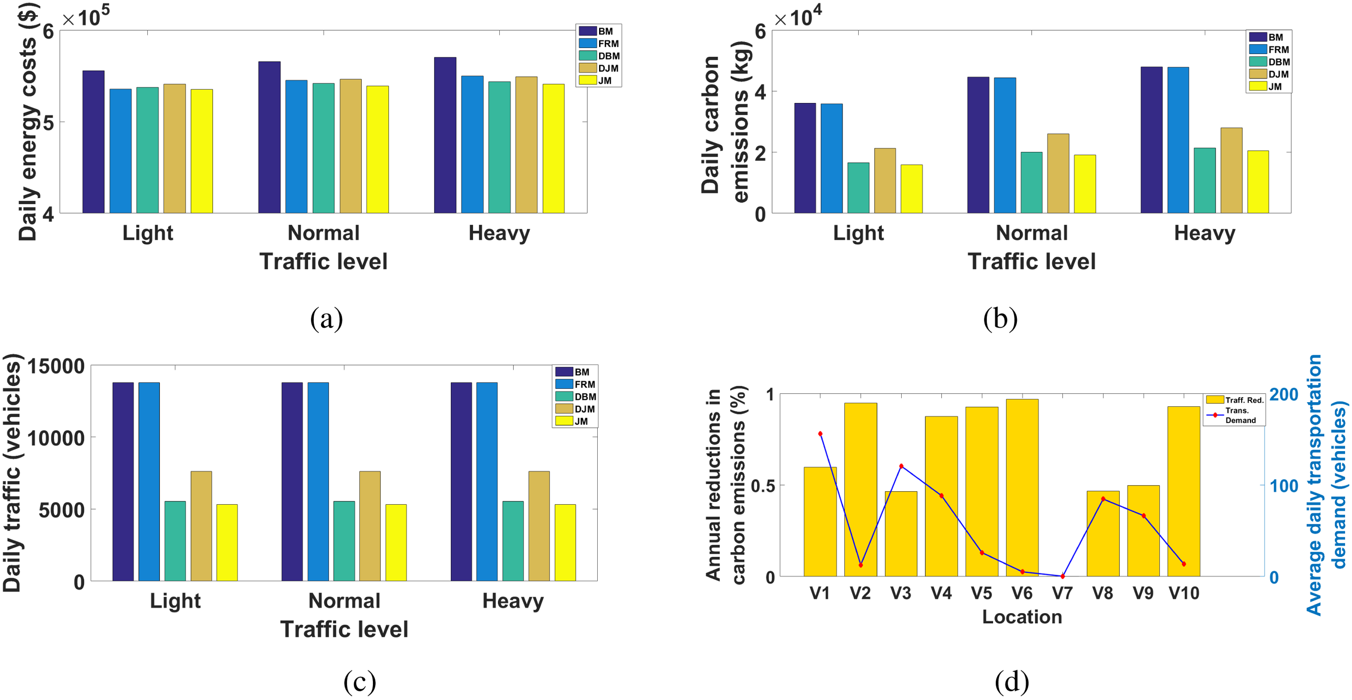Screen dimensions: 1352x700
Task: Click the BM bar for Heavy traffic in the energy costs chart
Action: click(x=445, y=135)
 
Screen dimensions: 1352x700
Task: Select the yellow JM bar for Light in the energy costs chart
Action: click(x=201, y=151)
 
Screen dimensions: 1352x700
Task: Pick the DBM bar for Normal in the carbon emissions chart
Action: click(x=1031, y=183)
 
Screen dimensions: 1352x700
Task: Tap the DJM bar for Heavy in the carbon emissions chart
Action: click(x=1231, y=171)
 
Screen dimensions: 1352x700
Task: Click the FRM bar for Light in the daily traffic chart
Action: click(x=149, y=482)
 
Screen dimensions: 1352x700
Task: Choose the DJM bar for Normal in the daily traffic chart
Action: click(x=370, y=526)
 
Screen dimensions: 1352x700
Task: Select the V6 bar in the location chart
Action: click(x=1022, y=487)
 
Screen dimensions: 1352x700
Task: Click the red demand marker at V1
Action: click(x=821, y=434)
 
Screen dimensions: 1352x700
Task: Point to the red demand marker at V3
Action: click(x=901, y=466)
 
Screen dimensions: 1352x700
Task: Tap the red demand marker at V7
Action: click(x=1063, y=576)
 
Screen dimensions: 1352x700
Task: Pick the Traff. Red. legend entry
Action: click(x=1235, y=400)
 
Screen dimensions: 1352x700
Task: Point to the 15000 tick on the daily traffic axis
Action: click(x=55, y=366)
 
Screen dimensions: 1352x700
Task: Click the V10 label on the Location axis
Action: click(x=1184, y=593)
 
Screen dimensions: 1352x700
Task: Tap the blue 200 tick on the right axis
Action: click(x=1284, y=394)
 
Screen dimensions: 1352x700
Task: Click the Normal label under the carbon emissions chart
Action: click(x=1032, y=233)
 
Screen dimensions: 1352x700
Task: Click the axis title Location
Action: click(x=1022, y=617)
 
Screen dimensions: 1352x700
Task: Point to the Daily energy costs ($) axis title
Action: click(x=28, y=122)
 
